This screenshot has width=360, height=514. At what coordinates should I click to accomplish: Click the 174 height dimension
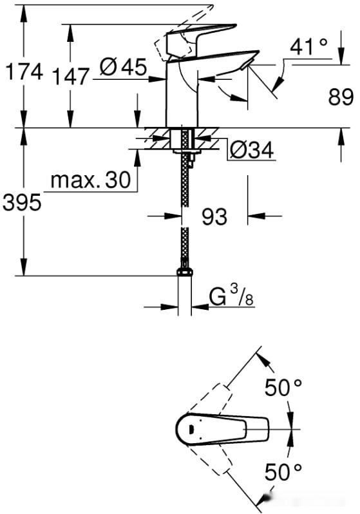click(23, 73)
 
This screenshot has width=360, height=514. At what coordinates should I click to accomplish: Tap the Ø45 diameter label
click(125, 66)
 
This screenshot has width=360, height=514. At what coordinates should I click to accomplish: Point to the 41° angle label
click(308, 46)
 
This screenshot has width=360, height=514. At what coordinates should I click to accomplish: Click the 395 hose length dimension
click(22, 203)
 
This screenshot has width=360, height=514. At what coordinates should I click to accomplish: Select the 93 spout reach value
click(214, 217)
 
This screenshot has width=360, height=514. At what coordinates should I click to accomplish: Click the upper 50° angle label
click(283, 388)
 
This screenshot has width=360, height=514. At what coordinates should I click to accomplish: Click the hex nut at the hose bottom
click(185, 272)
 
